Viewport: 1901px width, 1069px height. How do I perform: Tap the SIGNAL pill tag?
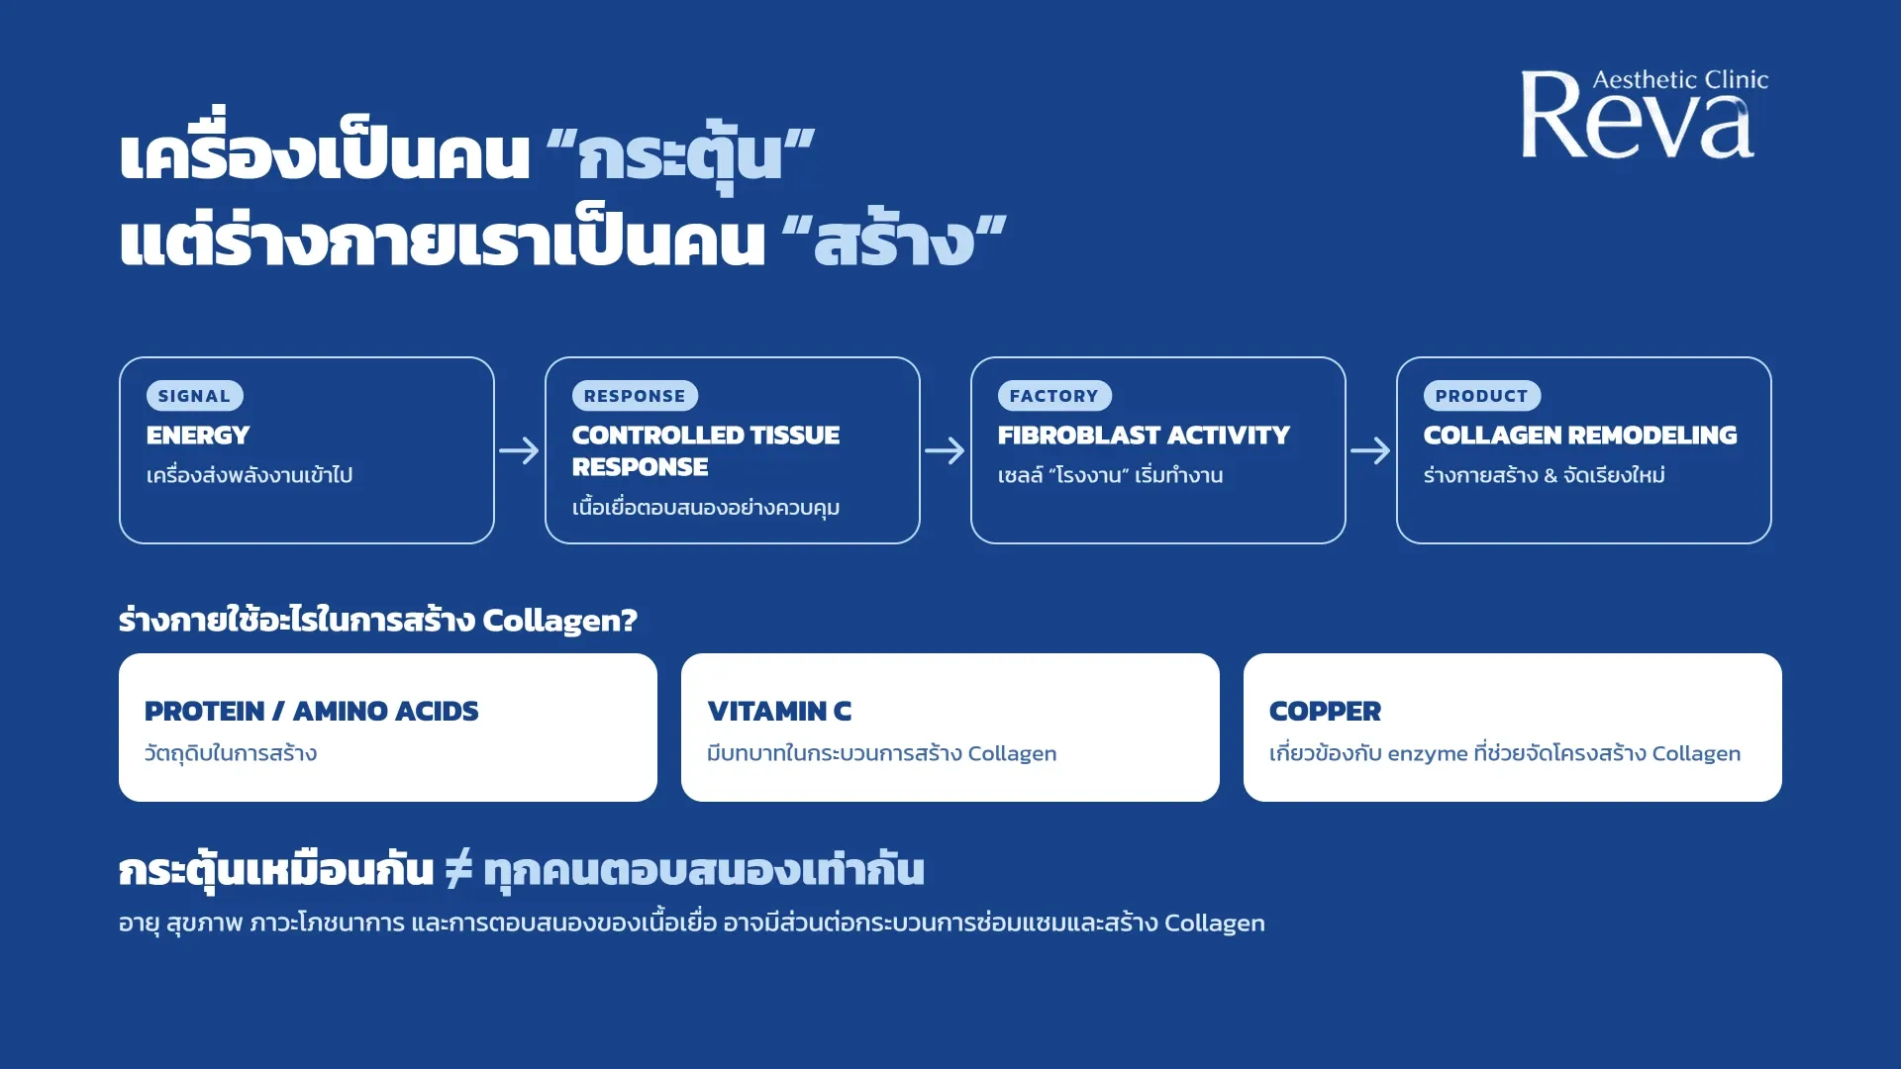[x=194, y=396]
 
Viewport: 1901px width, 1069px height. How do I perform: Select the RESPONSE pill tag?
[x=635, y=396]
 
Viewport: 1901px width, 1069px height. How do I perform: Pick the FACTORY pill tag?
[x=1054, y=396]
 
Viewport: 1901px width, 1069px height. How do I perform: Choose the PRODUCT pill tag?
[x=1482, y=396]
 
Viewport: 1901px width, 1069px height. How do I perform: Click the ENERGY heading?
[x=198, y=436]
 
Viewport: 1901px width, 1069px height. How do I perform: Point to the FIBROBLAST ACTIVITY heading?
[x=1144, y=436]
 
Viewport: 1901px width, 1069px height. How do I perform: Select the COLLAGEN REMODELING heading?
[x=1580, y=436]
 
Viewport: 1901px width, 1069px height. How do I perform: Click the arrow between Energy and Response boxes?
[x=520, y=451]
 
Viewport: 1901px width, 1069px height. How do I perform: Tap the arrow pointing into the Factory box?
[x=946, y=451]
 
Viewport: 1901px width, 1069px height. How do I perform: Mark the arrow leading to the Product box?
[x=1371, y=451]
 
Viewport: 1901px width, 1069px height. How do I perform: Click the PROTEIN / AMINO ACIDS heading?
[x=311, y=711]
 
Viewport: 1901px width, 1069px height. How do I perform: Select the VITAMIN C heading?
[x=779, y=711]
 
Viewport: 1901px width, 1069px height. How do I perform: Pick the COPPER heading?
[x=1325, y=711]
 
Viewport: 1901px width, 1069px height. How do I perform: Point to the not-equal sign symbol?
[x=458, y=869]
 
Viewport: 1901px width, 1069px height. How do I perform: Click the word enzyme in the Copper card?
[x=1428, y=754]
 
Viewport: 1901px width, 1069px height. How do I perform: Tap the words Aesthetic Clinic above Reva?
[x=1680, y=80]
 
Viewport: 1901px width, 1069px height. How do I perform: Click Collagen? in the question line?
[x=559, y=621]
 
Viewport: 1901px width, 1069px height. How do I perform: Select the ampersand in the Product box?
[x=1551, y=476]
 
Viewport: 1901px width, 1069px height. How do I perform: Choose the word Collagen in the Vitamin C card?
[x=1012, y=754]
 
